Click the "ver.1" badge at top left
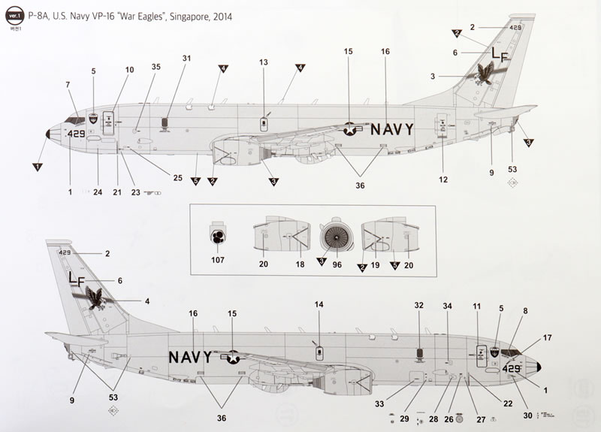(12, 16)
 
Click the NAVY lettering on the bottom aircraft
(192, 356)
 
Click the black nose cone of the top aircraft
(48, 134)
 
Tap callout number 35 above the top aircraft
(156, 68)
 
